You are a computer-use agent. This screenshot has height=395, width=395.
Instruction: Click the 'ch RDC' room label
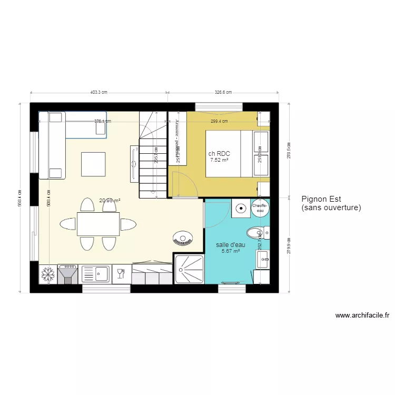coord(219,154)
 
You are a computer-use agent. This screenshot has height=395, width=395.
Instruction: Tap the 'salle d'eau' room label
coord(231,245)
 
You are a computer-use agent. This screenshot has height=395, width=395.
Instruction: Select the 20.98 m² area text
coord(110,200)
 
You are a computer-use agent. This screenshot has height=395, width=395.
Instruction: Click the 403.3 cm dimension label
coord(98,92)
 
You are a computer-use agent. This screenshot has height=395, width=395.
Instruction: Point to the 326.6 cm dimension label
coord(223,92)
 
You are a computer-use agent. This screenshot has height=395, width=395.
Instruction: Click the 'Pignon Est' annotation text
coord(322,199)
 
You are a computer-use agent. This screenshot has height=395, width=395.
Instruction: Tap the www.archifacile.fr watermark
coord(362,316)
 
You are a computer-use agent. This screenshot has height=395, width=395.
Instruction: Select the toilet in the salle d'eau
coord(257,232)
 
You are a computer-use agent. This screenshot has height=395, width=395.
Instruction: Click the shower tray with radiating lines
coord(188,269)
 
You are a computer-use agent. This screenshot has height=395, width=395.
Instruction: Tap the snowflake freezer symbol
coord(48,274)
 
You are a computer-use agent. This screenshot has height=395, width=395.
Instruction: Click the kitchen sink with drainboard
coord(95,274)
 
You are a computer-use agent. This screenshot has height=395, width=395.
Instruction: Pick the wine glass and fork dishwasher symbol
coord(121,273)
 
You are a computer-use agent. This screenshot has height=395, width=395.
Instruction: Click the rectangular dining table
coord(98,224)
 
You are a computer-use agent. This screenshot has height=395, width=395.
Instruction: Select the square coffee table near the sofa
coord(93,163)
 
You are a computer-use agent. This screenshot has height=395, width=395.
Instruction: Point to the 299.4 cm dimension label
coord(219,121)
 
